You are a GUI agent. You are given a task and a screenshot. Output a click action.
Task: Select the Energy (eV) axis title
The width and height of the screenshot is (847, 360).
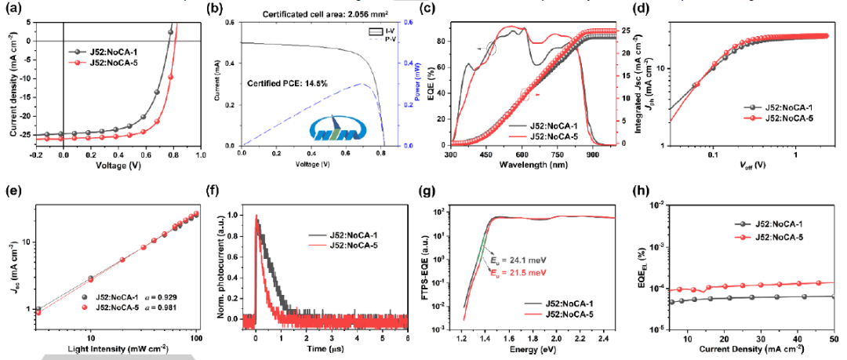[x=537, y=351]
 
